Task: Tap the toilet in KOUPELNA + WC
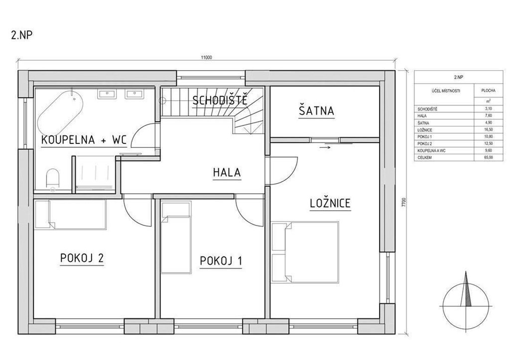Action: coord(52,178)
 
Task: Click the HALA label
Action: coord(227,172)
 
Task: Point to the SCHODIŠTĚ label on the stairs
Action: coord(220,100)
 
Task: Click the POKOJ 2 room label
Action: coord(82,258)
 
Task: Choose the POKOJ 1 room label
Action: coord(221,261)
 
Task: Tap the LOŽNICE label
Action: coord(330,203)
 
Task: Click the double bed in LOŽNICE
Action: coord(305,252)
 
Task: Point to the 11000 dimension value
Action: coord(207,58)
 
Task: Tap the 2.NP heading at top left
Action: coord(22,35)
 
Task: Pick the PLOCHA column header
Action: coord(488,91)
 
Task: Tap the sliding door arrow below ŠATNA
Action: coord(325,147)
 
